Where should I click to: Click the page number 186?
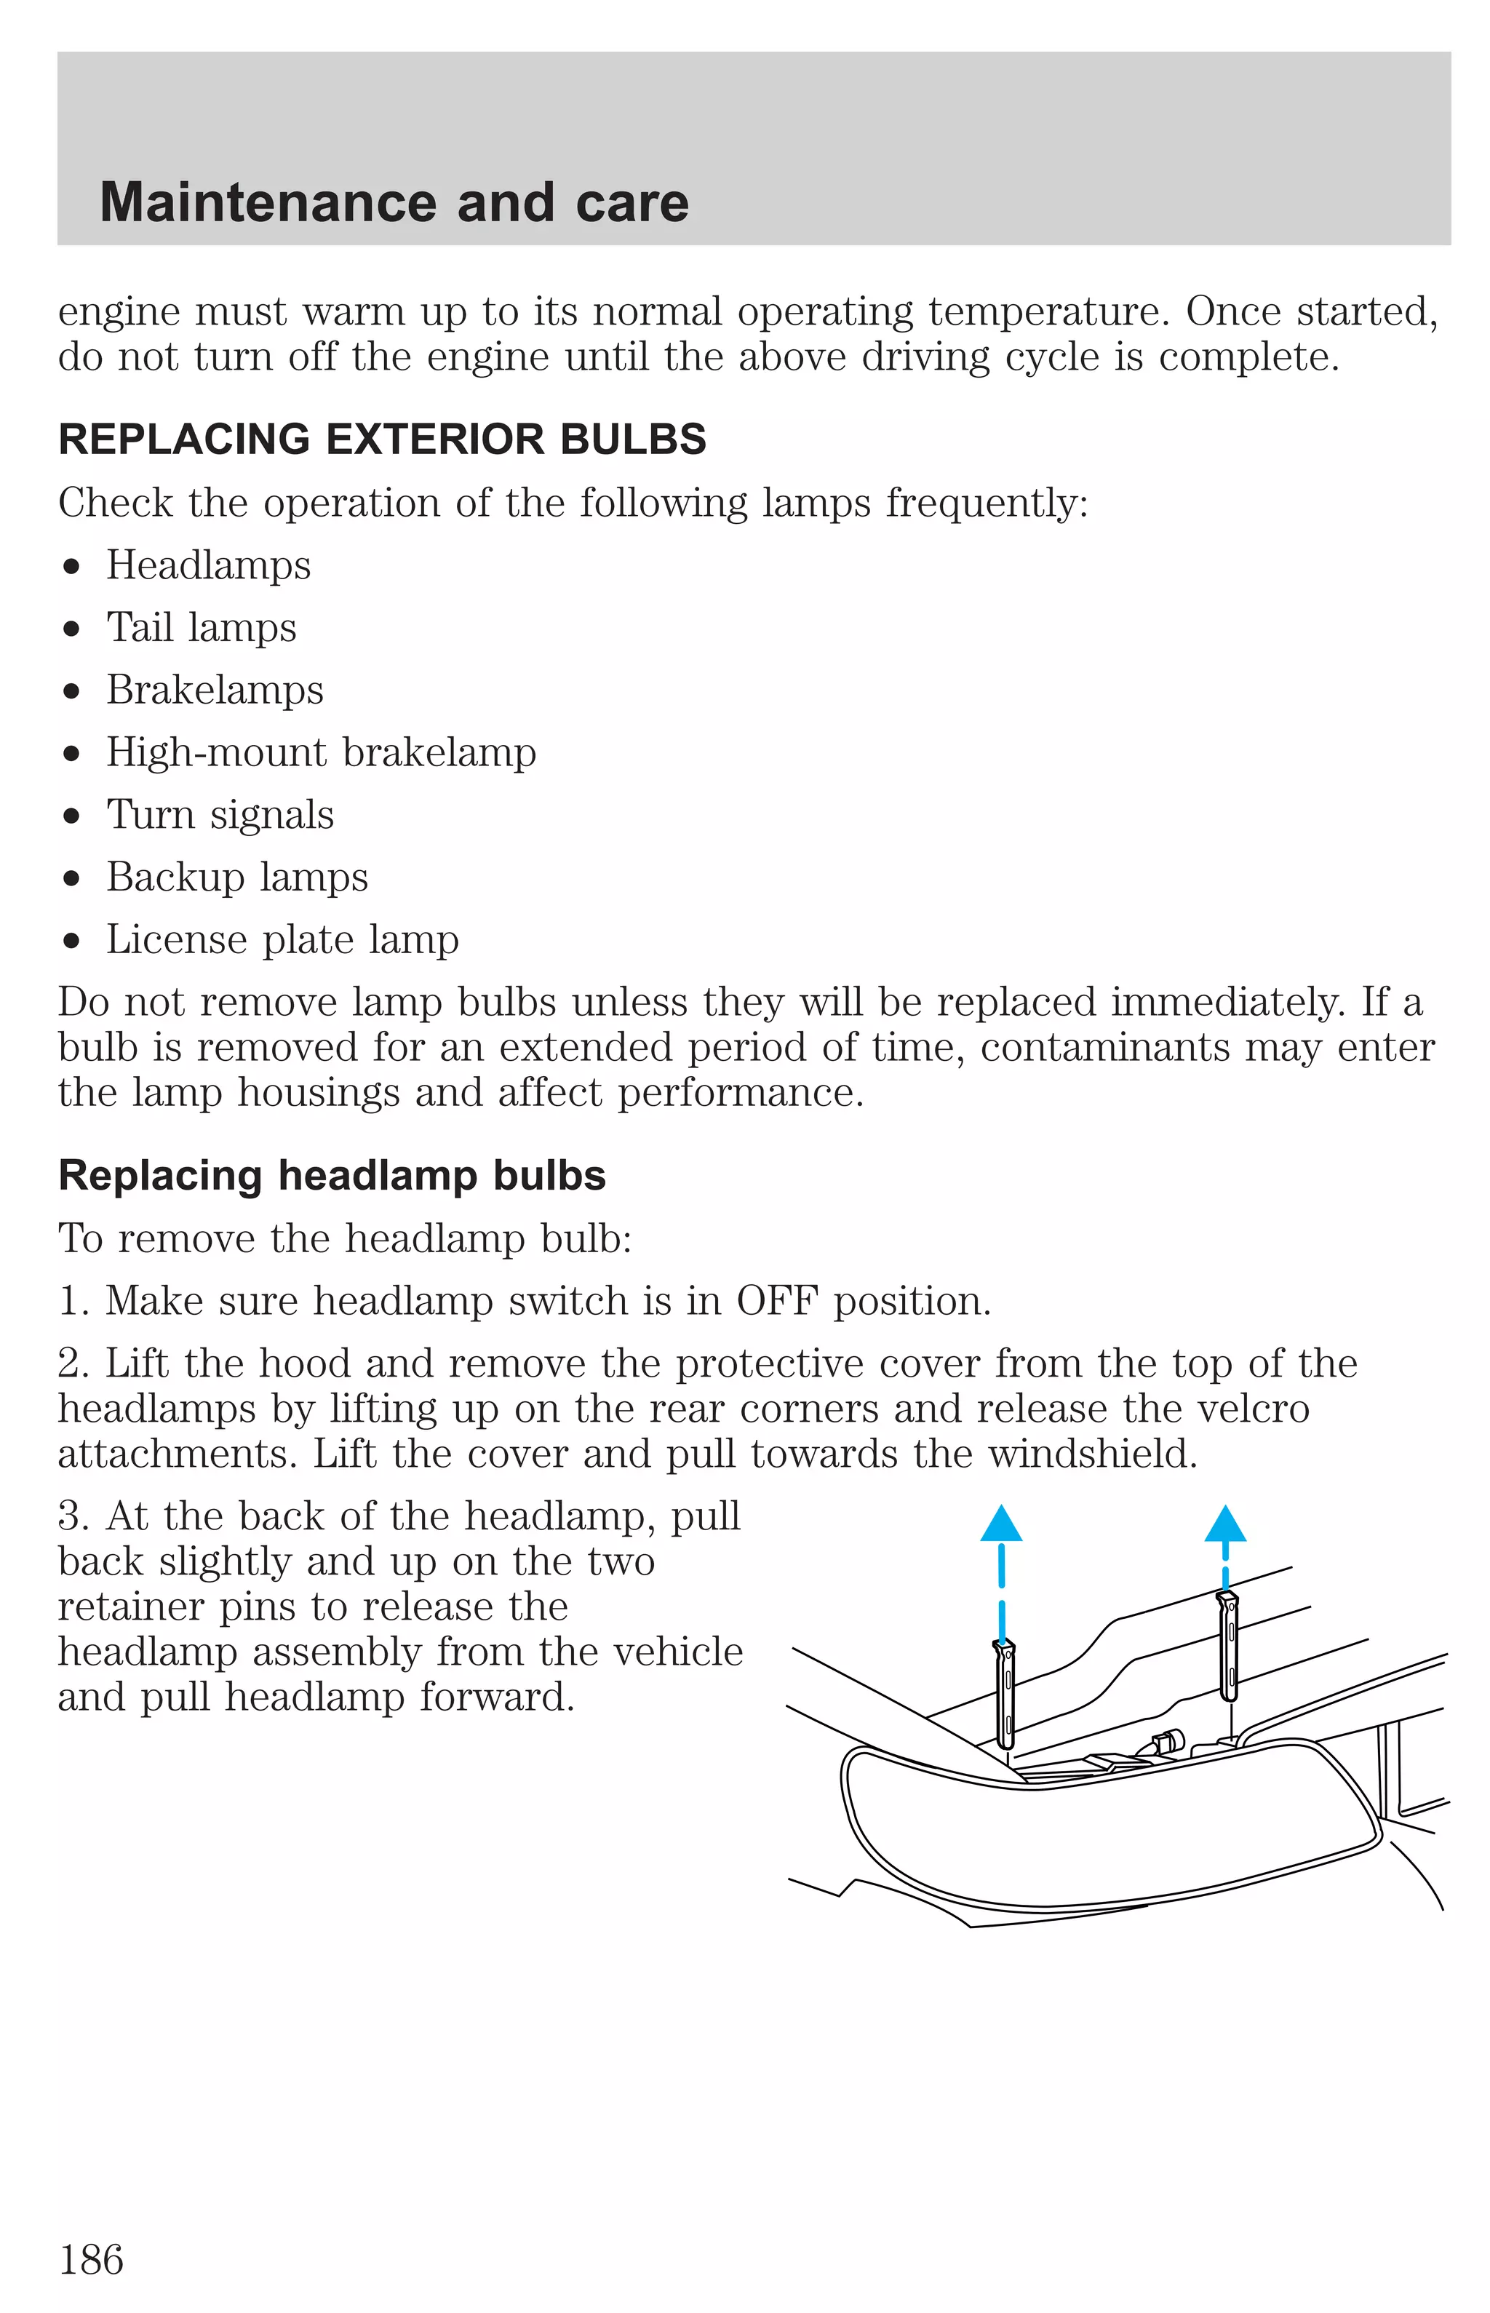tap(91, 2261)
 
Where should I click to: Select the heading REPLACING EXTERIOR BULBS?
tap(382, 439)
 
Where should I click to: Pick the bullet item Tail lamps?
tap(202, 628)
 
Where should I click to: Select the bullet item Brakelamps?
tap(215, 690)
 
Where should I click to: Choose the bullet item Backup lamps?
tap(237, 877)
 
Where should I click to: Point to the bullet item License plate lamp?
tap(282, 939)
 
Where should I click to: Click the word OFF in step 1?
tap(777, 1301)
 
